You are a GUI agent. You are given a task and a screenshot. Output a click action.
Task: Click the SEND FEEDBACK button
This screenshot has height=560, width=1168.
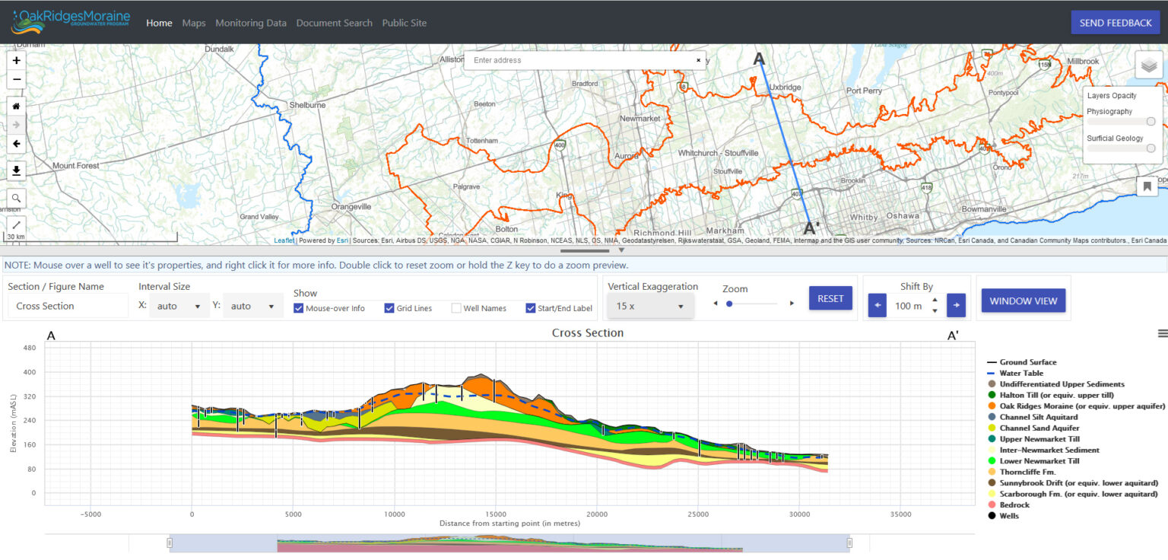[x=1115, y=23]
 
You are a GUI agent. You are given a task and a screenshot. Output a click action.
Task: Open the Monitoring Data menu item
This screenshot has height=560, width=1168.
[x=251, y=23]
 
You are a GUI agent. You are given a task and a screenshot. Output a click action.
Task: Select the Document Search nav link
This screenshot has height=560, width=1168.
[x=334, y=23]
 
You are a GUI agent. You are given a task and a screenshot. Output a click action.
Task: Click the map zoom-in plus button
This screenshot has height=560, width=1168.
[x=16, y=60]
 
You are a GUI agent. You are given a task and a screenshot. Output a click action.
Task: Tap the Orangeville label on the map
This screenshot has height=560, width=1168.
[x=351, y=206]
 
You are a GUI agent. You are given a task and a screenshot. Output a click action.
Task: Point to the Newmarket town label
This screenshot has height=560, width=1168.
[x=640, y=119]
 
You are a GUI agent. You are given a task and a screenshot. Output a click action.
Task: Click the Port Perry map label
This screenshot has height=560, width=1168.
[x=864, y=91]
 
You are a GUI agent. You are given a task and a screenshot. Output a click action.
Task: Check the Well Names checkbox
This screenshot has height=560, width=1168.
[x=456, y=308]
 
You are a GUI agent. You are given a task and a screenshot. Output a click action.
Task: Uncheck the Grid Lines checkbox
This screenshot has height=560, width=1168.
[x=389, y=308]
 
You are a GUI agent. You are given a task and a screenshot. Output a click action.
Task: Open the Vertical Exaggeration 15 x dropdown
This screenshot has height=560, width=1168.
[x=650, y=306]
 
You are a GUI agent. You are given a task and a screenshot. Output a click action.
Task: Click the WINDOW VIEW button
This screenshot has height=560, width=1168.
[x=1023, y=301]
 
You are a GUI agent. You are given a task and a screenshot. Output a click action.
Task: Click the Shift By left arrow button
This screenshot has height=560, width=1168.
[x=878, y=306]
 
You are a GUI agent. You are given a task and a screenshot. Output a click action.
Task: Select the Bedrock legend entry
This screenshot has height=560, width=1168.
[x=1014, y=504]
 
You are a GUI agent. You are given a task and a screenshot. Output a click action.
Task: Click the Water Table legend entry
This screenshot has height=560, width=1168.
[x=1020, y=373]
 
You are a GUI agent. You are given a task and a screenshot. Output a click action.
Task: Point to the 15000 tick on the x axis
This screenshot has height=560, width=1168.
[x=495, y=514]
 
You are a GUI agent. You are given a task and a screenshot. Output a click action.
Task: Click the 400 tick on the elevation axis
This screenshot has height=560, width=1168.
[x=30, y=372]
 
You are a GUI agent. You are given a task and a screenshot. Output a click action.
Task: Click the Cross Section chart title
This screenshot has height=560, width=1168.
[x=587, y=333]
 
